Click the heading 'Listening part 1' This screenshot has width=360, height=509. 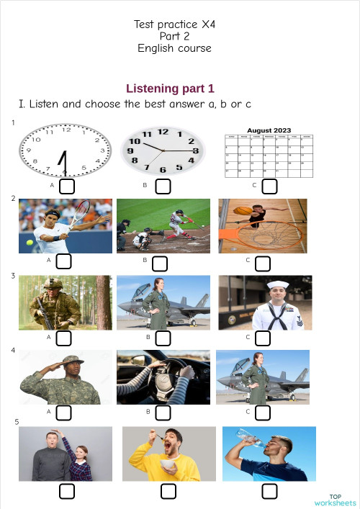tap(170, 89)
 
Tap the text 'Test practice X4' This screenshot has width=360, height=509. tap(175, 24)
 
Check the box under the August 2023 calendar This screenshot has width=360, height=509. tap(270, 186)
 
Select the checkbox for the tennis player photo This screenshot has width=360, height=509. tap(63, 261)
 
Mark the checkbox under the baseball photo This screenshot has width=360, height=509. tap(160, 262)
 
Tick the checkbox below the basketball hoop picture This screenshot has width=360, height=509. tap(263, 261)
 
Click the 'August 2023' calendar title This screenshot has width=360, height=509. tap(269, 130)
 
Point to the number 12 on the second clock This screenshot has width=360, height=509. tap(163, 132)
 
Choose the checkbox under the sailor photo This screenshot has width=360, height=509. tap(263, 338)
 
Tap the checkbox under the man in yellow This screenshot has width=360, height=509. tap(168, 491)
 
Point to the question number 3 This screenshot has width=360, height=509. tap(14, 276)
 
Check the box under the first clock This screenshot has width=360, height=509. tap(66, 186)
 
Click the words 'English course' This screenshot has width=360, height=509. tap(175, 48)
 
